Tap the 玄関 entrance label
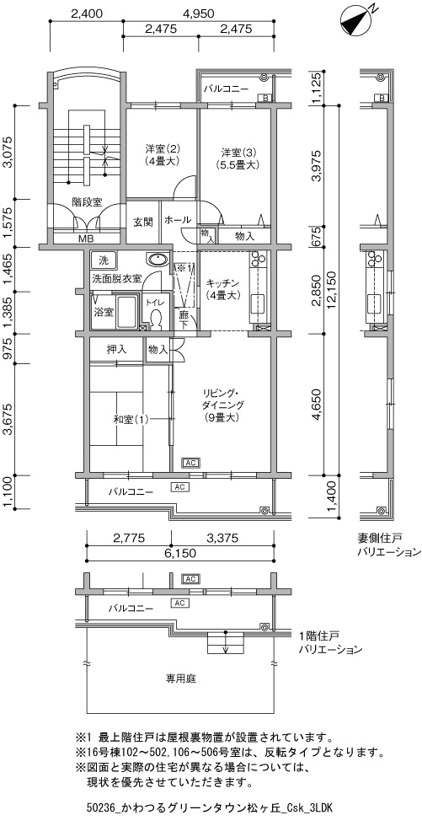(142, 222)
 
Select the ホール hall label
(178, 220)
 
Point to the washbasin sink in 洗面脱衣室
(158, 260)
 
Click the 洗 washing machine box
(103, 260)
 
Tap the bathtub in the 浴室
(126, 313)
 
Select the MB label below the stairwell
(86, 239)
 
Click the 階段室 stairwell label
(87, 201)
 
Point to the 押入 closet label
(116, 349)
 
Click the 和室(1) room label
(131, 420)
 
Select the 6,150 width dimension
(180, 553)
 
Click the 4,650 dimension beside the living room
(317, 405)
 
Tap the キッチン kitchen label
(223, 282)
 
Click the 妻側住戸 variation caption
(379, 539)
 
